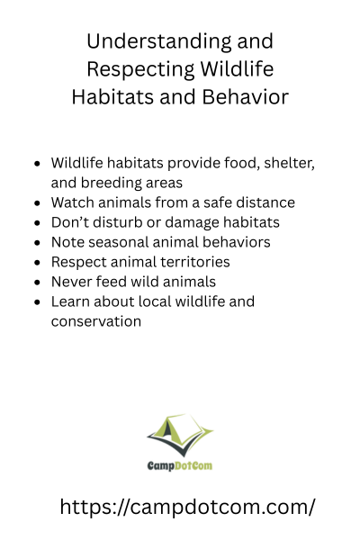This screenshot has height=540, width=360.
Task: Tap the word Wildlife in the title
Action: [237, 69]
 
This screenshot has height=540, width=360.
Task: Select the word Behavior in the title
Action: [246, 97]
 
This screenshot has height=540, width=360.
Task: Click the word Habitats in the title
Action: [112, 97]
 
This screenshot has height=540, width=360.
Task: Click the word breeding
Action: [111, 184]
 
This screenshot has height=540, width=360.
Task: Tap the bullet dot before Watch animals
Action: [38, 203]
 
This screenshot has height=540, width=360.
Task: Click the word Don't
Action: [70, 222]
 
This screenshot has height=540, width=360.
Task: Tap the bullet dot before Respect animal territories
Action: [38, 263]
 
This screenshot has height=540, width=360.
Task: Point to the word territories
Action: [198, 262]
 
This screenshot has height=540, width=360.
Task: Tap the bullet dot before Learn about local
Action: [38, 302]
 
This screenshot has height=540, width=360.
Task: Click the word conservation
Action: [96, 321]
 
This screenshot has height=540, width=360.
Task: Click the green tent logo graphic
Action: [180, 435]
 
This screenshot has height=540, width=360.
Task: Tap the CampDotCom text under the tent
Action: [180, 466]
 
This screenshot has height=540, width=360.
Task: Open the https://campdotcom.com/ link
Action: [187, 507]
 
